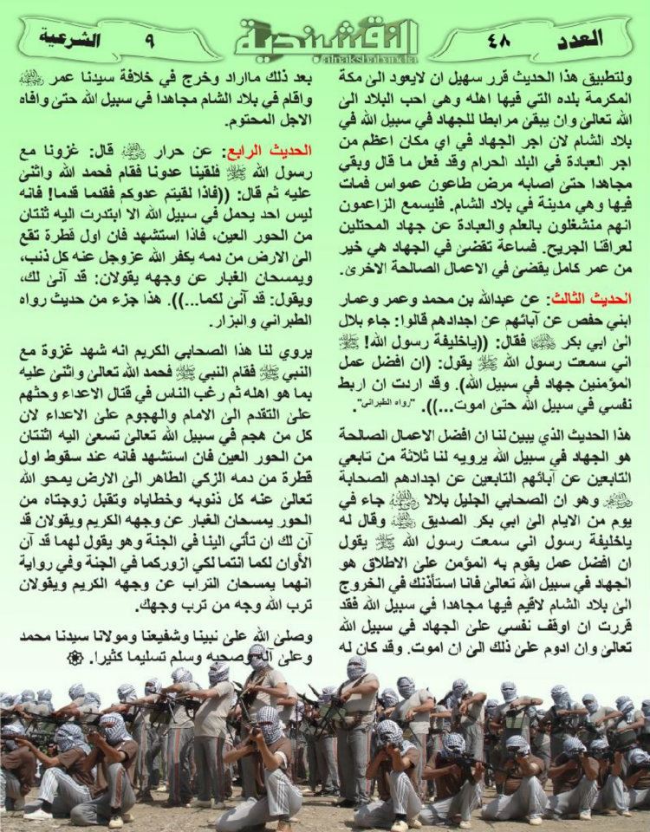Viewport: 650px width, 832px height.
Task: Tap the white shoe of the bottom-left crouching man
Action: coord(36,815)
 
